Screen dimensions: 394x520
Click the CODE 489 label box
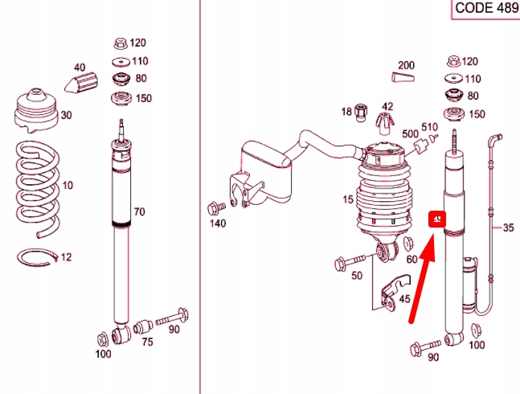[485, 8]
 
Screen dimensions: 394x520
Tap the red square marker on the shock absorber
[438, 219]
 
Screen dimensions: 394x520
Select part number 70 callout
[139, 212]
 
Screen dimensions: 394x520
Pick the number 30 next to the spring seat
[66, 115]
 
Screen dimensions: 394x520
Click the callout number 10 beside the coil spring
[68, 186]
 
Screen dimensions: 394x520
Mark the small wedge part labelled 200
[403, 77]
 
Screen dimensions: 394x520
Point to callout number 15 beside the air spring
[348, 199]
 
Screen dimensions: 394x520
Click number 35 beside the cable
[507, 228]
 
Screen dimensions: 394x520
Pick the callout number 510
[429, 126]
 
